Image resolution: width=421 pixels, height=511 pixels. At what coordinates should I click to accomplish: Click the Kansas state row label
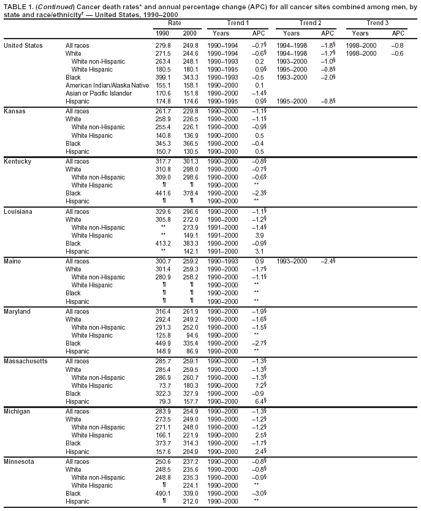(x=14, y=110)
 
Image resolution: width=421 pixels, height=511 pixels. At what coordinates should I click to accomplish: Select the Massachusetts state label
(x=26, y=361)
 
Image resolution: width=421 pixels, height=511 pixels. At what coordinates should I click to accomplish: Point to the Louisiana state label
(x=18, y=211)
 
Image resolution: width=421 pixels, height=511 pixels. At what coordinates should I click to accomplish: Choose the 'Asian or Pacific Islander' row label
(x=98, y=93)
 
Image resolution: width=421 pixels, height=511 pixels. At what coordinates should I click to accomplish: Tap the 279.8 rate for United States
(x=162, y=46)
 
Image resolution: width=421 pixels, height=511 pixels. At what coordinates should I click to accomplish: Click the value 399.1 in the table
(x=162, y=77)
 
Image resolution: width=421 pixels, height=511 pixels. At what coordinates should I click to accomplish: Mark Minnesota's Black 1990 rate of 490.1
(x=162, y=492)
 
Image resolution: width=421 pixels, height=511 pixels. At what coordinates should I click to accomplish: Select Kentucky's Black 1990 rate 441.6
(x=162, y=193)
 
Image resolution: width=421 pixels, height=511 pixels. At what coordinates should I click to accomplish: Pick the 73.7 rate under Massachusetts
(x=164, y=385)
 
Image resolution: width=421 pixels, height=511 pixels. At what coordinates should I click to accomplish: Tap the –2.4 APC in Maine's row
(x=328, y=261)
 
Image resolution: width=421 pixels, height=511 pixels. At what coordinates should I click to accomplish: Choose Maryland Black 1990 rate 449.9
(x=162, y=343)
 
